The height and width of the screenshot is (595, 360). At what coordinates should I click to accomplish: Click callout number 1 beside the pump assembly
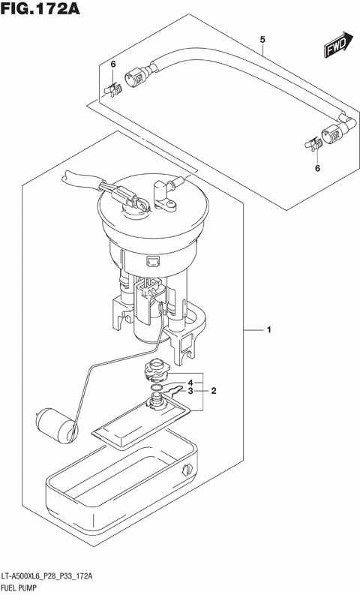pyautogui.click(x=268, y=329)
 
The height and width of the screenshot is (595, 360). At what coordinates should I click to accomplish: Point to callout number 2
pyautogui.click(x=213, y=390)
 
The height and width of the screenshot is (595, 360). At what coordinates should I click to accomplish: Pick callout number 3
pyautogui.click(x=190, y=390)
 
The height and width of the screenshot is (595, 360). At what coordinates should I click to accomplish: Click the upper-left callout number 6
pyautogui.click(x=112, y=65)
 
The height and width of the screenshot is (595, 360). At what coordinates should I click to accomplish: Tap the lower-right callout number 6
pyautogui.click(x=316, y=169)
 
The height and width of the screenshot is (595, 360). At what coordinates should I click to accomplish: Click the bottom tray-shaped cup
pyautogui.click(x=120, y=480)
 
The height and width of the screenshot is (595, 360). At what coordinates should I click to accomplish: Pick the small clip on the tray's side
pyautogui.click(x=185, y=470)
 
